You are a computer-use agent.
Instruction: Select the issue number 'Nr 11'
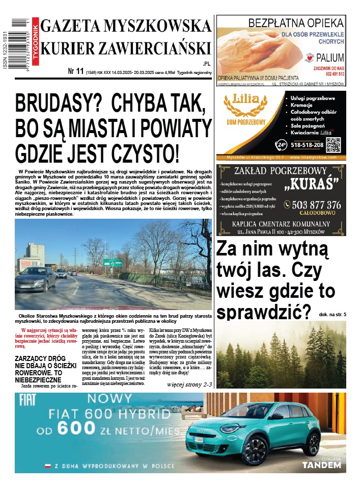pyautogui.click(x=75, y=71)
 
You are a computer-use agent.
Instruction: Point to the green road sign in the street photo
pyautogui.click(x=109, y=263)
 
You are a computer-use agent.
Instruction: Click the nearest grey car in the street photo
pyautogui.click(x=36, y=279)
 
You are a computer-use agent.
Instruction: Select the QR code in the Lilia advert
pyautogui.click(x=334, y=145)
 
